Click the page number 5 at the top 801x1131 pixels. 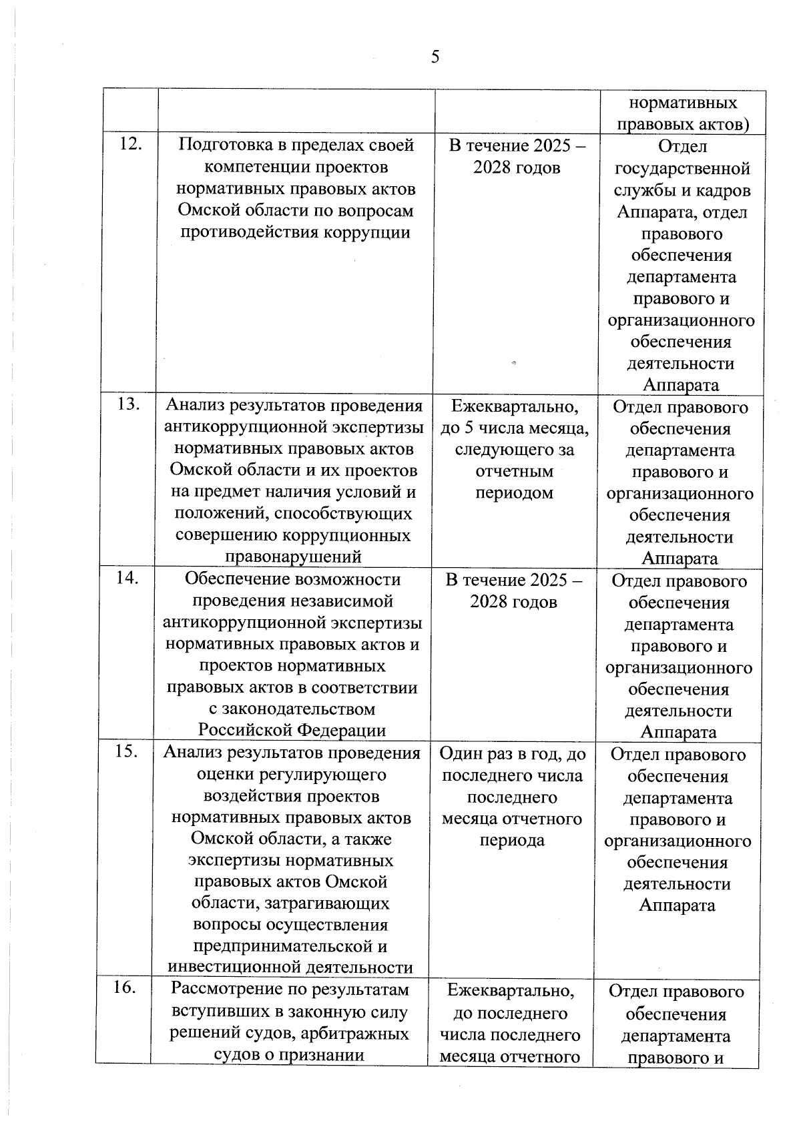435,57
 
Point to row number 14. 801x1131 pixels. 127,578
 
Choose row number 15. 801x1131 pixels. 126,751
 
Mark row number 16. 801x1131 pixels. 124,988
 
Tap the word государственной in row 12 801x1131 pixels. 682,168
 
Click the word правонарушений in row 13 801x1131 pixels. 294,556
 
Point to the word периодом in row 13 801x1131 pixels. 514,492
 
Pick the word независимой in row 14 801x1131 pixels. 341,601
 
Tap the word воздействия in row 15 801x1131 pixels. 291,796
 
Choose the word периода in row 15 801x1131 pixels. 512,839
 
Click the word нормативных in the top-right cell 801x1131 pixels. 684,103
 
